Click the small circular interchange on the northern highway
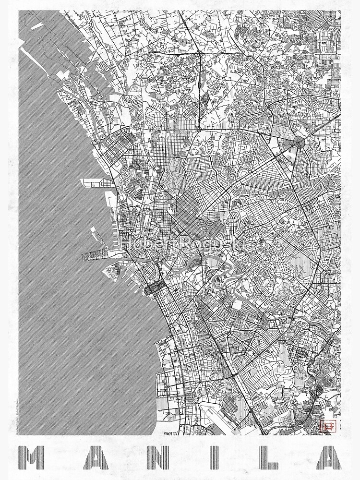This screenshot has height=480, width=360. click(x=198, y=129)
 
